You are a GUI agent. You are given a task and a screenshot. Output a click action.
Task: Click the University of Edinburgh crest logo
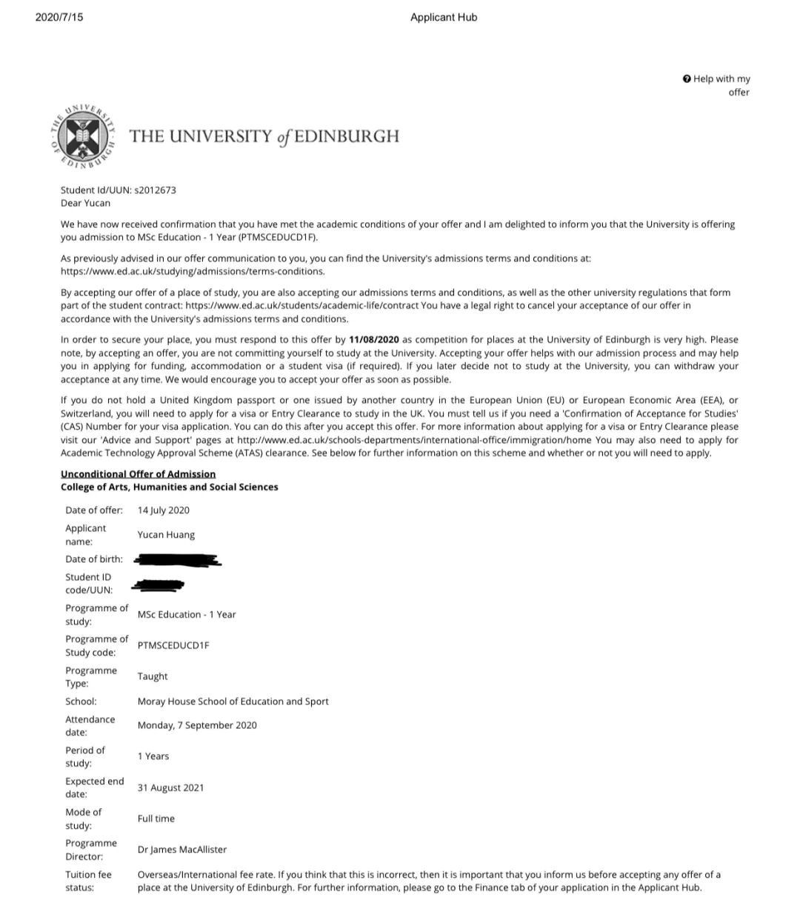click(84, 136)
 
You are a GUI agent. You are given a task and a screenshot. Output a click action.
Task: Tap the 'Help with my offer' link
click(717, 85)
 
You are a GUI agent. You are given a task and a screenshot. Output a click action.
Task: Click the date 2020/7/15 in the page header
click(59, 17)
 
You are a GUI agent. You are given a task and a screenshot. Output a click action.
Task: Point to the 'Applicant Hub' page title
click(444, 17)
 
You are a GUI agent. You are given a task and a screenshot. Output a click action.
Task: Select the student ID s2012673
click(155, 190)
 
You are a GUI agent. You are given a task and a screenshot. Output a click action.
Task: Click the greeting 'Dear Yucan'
click(85, 203)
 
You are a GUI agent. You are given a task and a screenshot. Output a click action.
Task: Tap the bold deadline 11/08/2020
click(374, 339)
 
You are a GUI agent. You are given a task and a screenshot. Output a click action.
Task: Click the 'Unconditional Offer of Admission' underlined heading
click(138, 474)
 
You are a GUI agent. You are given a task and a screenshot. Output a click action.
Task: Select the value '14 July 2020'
click(163, 510)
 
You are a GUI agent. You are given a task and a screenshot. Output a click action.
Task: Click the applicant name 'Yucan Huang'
click(166, 535)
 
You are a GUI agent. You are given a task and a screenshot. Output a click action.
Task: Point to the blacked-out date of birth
click(177, 559)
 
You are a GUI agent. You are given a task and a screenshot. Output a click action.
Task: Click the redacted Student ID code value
click(158, 585)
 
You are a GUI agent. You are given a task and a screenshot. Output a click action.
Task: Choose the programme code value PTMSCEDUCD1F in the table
click(173, 645)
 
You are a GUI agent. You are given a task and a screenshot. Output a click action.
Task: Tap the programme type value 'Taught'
click(153, 676)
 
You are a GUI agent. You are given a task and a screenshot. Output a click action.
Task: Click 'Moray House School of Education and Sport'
click(233, 701)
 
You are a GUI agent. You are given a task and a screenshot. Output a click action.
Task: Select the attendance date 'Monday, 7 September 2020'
click(197, 725)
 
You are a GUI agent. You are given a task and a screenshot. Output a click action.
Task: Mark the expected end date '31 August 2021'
click(170, 787)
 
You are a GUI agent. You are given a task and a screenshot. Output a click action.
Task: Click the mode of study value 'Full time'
click(156, 818)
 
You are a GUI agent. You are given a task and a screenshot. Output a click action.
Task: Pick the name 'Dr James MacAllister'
click(182, 850)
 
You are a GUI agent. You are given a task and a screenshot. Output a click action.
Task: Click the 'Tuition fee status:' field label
click(88, 881)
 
